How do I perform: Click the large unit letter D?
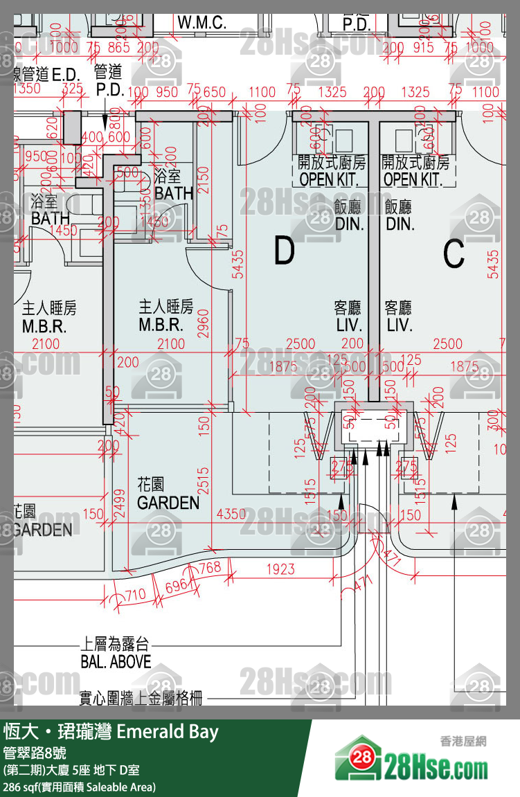[284, 251]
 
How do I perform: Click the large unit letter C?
[454, 254]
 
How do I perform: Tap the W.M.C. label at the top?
[201, 22]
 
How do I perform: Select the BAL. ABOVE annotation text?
[116, 661]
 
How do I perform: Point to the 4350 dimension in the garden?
[231, 514]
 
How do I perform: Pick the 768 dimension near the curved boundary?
[209, 568]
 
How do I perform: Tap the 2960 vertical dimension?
[203, 323]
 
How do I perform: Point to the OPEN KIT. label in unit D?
[331, 179]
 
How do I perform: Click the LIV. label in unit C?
[399, 325]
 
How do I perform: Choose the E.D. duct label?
[67, 73]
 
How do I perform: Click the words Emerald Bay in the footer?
[168, 732]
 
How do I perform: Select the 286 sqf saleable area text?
[80, 787]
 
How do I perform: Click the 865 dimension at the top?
[118, 48]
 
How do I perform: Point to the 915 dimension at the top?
[423, 48]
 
